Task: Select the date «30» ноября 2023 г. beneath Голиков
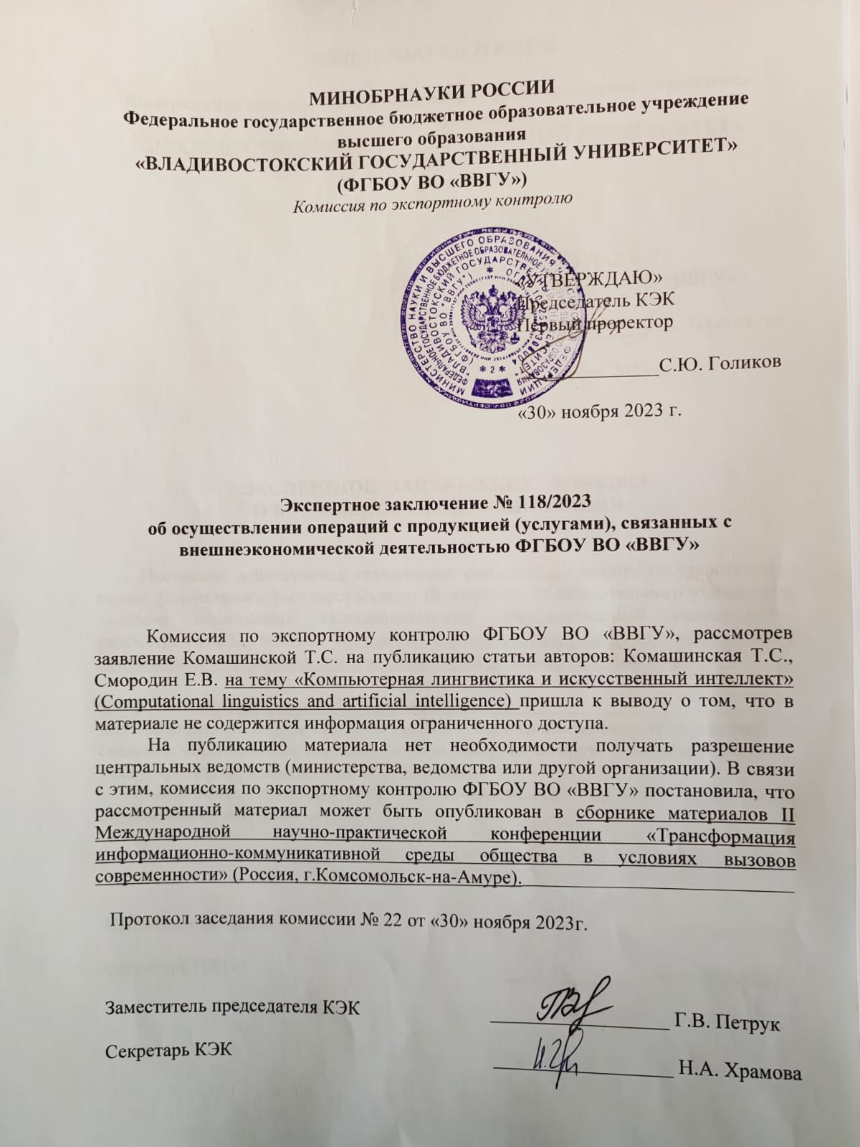coord(598,411)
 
